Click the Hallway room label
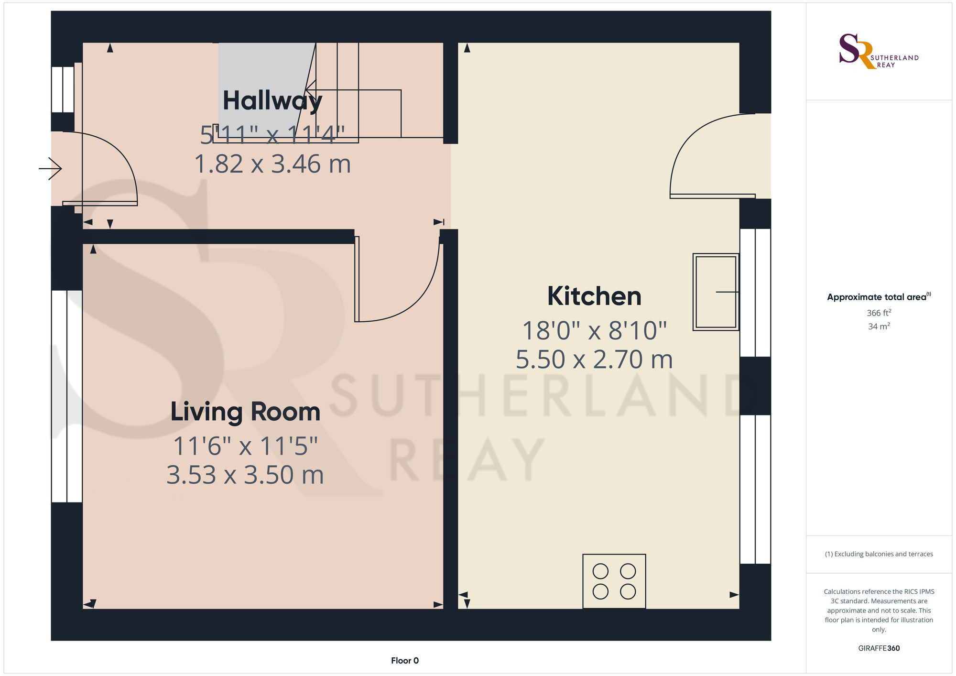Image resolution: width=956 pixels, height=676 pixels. pos(272,101)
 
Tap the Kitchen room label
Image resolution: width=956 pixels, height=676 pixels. pos(594,296)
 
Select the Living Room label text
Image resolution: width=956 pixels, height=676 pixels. pos(245,412)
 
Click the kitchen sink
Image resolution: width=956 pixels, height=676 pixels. pos(716,292)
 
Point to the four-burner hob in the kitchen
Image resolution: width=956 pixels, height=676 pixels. pos(614,581)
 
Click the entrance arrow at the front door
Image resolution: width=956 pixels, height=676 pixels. pos(51,168)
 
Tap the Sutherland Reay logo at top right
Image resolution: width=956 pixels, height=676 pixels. pos(878,51)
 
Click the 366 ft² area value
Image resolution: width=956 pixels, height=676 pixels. pos(879,313)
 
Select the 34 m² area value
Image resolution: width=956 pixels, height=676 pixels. pos(879,327)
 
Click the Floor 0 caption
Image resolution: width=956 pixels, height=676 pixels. pos(404,661)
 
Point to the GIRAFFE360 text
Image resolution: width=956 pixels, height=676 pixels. pos(879,648)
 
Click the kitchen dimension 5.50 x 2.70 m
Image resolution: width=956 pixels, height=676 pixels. pos(594,360)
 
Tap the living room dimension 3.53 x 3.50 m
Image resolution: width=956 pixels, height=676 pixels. pos(245,475)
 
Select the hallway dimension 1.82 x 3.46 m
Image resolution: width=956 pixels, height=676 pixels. pos(272,164)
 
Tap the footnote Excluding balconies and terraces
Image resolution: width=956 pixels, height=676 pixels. pos(879,554)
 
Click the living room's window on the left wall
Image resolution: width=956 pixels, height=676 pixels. pos(66,396)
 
